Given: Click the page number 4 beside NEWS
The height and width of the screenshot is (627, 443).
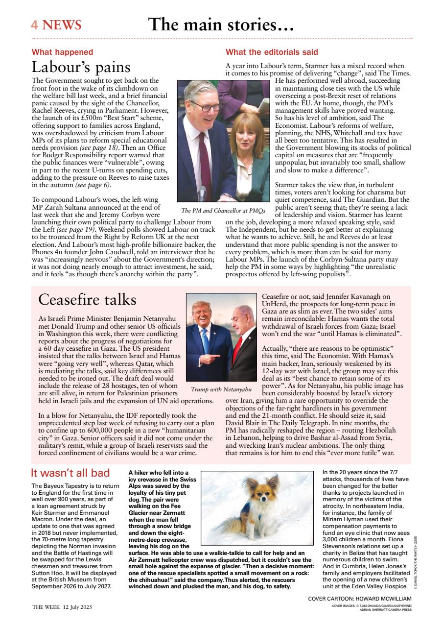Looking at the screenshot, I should click(x=35, y=25).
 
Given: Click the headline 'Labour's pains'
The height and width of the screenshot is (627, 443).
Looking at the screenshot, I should click(x=81, y=67).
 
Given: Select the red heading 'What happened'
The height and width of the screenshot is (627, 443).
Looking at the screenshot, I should click(x=62, y=52).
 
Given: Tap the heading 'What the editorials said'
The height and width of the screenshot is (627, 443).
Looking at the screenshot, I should click(x=272, y=52).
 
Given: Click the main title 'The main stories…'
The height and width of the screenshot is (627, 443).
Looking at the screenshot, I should click(x=221, y=24).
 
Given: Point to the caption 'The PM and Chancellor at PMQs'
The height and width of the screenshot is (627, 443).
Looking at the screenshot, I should click(x=223, y=211).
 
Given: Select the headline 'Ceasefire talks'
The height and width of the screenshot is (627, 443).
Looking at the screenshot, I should click(x=87, y=299).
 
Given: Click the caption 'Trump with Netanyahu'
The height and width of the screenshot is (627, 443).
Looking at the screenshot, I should click(x=221, y=389).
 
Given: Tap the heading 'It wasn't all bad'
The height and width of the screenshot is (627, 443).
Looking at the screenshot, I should click(x=70, y=473).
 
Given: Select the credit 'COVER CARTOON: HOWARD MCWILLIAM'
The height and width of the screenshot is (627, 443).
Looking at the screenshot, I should click(x=360, y=599).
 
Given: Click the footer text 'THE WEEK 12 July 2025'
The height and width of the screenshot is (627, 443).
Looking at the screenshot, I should click(x=62, y=607).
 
